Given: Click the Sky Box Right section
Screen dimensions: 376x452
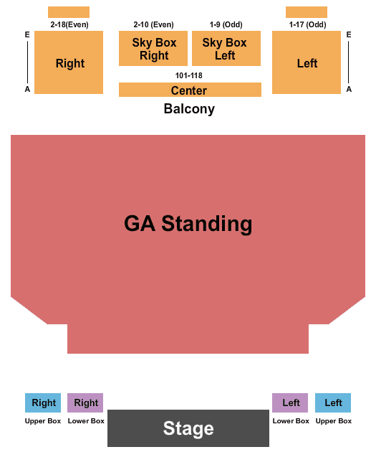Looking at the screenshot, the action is (153, 49).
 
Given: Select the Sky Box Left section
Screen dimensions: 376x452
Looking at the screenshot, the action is (226, 49).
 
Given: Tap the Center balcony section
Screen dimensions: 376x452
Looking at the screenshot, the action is (190, 90).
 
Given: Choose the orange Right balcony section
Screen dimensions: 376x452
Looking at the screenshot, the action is (69, 62).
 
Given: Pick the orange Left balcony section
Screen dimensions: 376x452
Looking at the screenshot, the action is (307, 62).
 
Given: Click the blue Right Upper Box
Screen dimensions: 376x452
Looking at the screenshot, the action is (43, 402).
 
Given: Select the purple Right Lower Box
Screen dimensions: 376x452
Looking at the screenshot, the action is (85, 402).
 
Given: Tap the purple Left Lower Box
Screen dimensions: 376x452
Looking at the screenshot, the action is (290, 402).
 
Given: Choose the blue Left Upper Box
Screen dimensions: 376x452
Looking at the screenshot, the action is (333, 402).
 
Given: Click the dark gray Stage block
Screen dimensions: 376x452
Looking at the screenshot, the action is (188, 428).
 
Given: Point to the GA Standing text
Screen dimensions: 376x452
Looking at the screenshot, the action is (188, 223).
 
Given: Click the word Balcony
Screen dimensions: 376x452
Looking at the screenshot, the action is (189, 109).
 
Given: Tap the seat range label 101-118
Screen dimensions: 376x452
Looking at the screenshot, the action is (189, 75).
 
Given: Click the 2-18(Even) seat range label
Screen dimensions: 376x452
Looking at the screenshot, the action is (69, 24).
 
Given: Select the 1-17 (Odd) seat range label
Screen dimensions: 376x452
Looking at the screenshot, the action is (307, 24).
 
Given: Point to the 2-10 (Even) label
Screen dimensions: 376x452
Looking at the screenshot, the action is (153, 24).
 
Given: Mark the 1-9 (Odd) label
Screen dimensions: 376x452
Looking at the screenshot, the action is (226, 24).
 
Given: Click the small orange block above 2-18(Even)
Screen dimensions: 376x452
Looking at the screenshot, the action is (69, 12).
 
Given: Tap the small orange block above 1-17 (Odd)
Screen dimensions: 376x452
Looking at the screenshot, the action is (307, 12).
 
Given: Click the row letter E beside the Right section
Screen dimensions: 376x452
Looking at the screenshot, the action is (27, 35).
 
